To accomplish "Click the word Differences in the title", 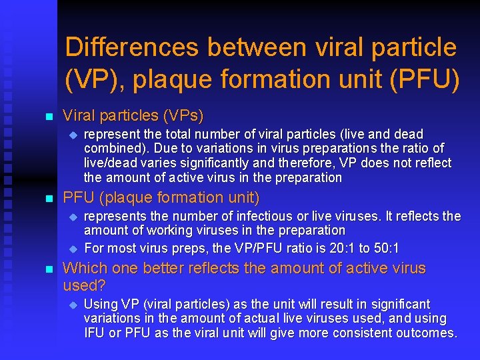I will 133,48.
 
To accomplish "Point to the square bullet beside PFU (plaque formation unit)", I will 47,199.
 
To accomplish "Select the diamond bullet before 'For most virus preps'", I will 74,249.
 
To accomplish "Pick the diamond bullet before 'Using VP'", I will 74,305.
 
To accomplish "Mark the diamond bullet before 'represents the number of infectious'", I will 74,217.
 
